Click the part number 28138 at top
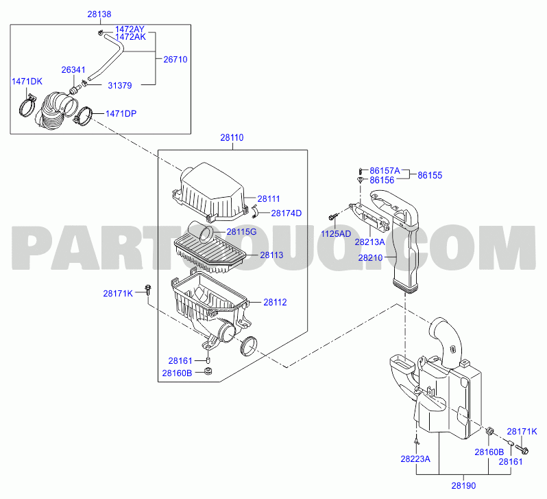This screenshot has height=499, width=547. point(99,14)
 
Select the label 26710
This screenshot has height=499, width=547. point(175,60)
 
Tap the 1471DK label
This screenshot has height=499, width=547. point(27,82)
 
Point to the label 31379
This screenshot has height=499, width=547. point(120,86)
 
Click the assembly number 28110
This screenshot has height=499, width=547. point(232,138)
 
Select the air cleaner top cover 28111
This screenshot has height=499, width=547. point(208,192)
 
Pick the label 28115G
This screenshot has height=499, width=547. point(241,232)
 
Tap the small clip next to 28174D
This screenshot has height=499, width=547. point(256,211)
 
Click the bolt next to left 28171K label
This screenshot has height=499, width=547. point(148,291)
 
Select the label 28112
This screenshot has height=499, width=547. point(275,302)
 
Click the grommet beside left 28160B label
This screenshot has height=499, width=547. point(208,371)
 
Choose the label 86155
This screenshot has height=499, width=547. point(430,176)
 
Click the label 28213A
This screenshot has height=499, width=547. point(369,242)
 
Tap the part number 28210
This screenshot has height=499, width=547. point(370,258)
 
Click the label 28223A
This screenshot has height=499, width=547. point(415,459)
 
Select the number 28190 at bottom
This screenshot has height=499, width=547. point(463,486)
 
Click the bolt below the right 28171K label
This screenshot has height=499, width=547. point(522,450)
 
